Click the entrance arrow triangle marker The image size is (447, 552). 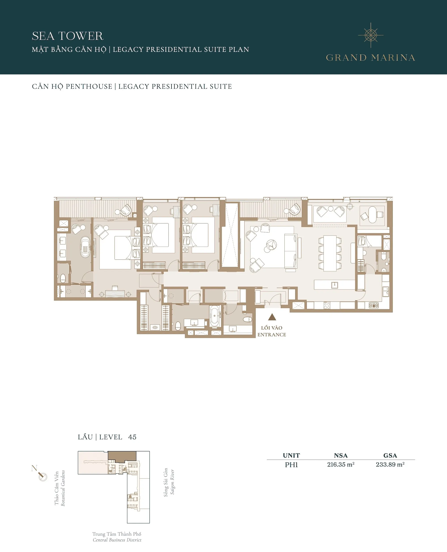click(272, 317)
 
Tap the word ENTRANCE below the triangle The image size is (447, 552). click(272, 335)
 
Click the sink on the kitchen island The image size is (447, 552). click(335, 285)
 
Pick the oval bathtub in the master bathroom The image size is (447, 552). click(85, 247)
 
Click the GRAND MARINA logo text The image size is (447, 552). click(371, 58)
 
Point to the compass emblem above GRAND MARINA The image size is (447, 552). click(371, 35)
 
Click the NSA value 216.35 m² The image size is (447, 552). click(341, 464)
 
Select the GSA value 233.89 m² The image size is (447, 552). click(390, 464)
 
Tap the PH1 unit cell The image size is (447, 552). click(291, 465)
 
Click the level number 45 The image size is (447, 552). click(132, 437)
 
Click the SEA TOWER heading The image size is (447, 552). click(67, 36)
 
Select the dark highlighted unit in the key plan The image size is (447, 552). click(122, 456)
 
